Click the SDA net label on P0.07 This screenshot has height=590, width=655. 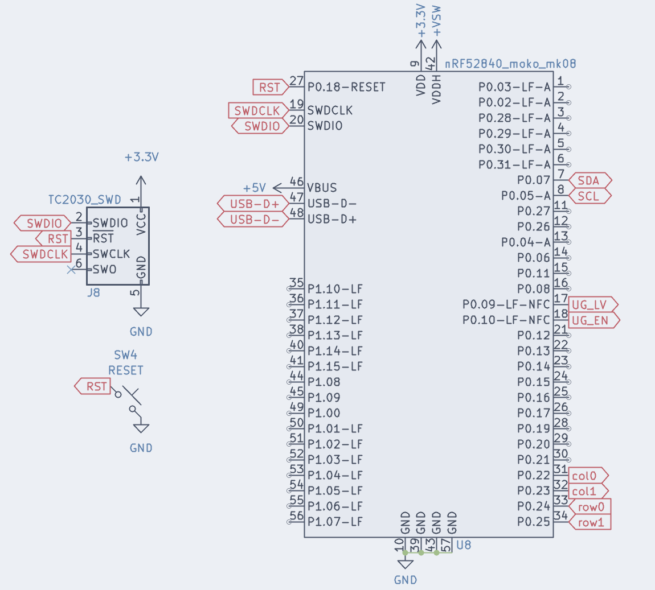click(589, 180)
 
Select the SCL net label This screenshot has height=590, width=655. click(588, 196)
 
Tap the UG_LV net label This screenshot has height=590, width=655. click(591, 305)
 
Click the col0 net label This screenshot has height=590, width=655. click(586, 476)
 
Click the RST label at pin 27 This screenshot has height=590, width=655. click(269, 87)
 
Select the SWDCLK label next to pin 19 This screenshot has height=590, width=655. click(257, 110)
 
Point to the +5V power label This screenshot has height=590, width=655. click(254, 188)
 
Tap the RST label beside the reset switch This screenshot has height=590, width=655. click(96, 387)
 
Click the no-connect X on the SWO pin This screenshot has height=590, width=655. click(72, 270)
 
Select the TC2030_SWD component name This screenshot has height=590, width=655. click(84, 200)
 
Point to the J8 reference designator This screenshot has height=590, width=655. click(93, 294)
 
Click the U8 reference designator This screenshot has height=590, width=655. click(464, 545)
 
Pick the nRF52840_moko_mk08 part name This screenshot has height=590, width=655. click(510, 64)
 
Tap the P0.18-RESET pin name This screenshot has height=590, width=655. click(346, 87)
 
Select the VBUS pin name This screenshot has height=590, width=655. click(322, 188)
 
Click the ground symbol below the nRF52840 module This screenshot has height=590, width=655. click(405, 564)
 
